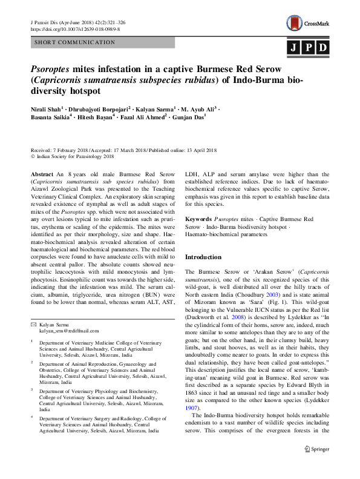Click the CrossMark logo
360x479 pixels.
[309, 24]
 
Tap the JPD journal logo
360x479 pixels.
[309, 47]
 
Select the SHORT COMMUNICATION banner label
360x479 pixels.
[74, 42]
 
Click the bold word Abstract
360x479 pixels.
[42, 174]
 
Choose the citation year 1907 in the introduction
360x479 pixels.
[192, 408]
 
